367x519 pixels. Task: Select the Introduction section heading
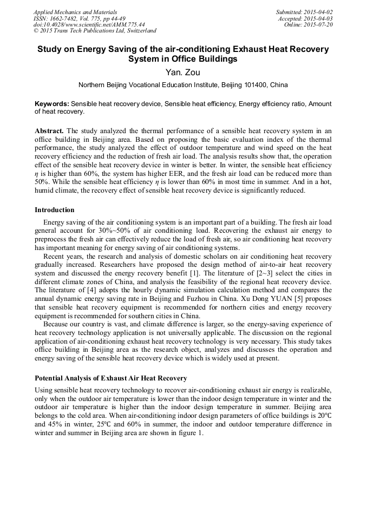point(55,210)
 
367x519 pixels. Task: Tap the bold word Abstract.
point(49,131)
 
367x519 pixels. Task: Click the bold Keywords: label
point(52,103)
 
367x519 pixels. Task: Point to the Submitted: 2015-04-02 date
point(304,12)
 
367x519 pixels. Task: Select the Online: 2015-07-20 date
point(310,25)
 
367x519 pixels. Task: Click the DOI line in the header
point(89,25)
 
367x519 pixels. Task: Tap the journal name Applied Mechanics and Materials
point(75,12)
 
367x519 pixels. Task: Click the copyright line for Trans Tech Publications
point(95,31)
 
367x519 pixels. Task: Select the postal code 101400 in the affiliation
point(243,85)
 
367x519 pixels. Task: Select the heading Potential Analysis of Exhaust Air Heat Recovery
point(111,378)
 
